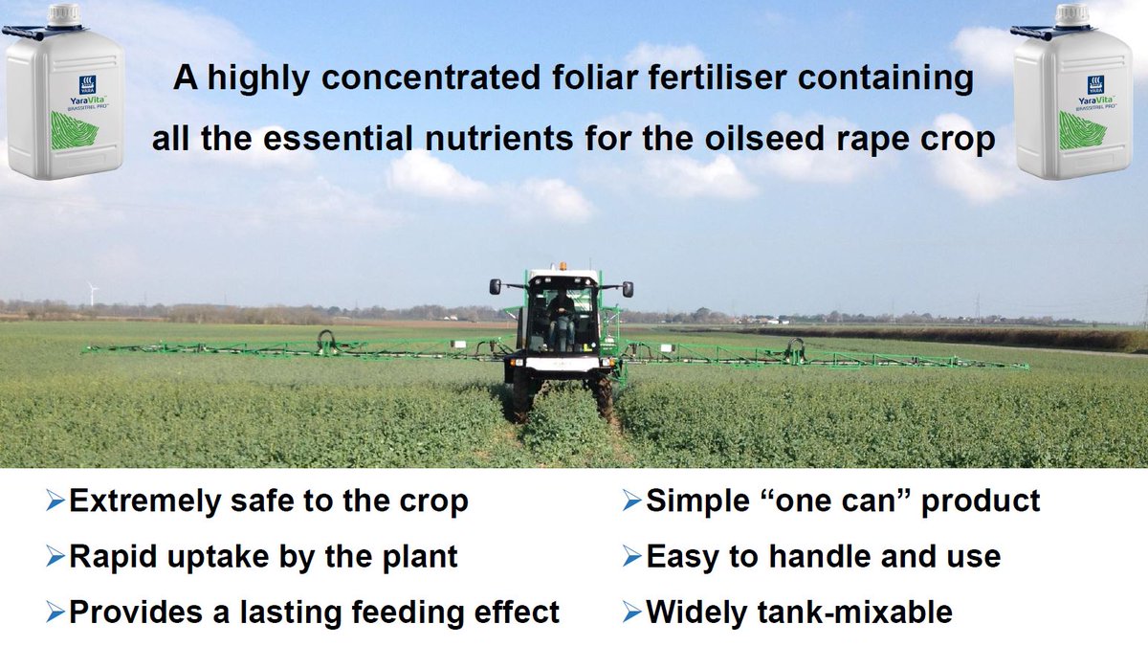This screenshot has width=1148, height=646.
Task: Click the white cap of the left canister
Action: pyautogui.click(x=64, y=14)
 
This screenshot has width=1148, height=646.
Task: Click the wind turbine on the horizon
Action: pyautogui.click(x=93, y=292)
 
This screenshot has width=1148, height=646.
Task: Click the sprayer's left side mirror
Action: pyautogui.click(x=496, y=287)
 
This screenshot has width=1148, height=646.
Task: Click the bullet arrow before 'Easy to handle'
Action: pyautogui.click(x=630, y=555)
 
